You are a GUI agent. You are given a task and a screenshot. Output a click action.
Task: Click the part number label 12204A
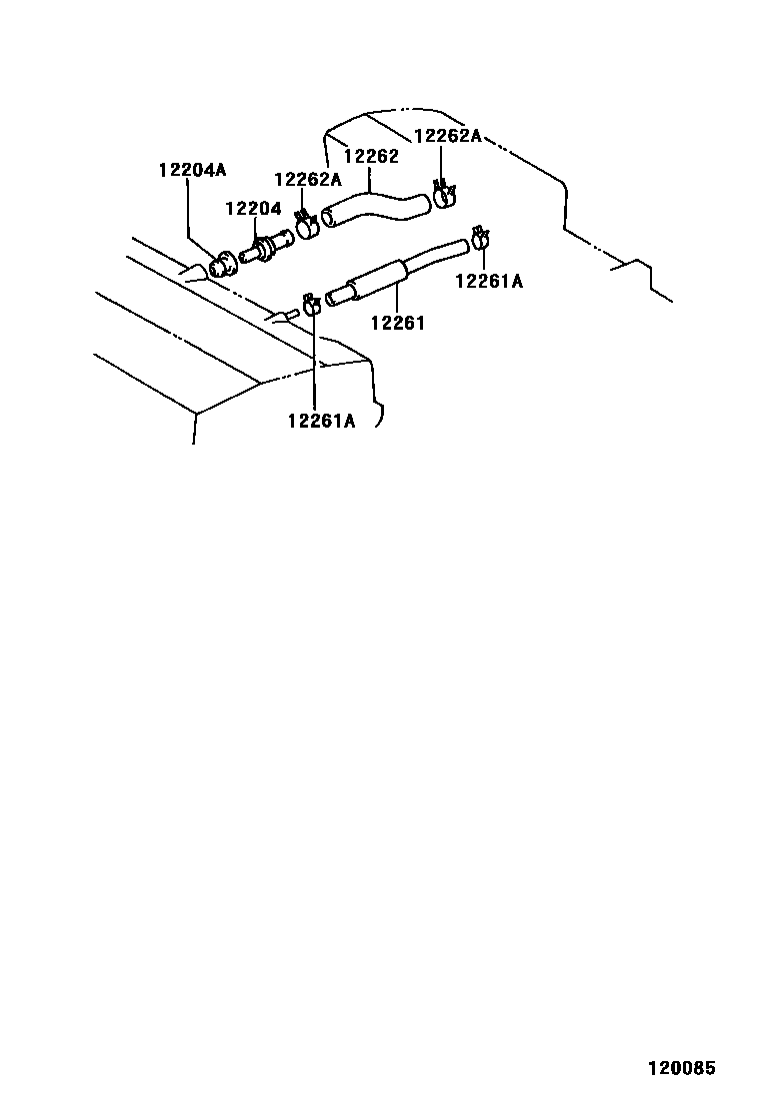(x=192, y=170)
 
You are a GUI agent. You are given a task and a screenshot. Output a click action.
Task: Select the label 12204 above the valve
(x=253, y=209)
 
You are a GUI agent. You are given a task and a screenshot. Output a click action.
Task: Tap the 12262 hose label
(x=371, y=156)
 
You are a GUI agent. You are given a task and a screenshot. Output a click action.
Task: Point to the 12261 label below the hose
(x=398, y=322)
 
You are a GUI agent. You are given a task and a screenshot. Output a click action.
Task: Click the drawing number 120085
(x=682, y=1068)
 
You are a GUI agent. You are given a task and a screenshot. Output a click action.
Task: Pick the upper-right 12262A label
(x=448, y=136)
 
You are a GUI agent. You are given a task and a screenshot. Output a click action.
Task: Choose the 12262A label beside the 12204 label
(x=308, y=180)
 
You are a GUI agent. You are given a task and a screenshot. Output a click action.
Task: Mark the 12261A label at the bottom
(x=321, y=421)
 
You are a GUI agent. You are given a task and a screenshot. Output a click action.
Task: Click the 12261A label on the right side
(x=489, y=281)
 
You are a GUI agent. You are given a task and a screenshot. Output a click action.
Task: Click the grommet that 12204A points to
(x=222, y=265)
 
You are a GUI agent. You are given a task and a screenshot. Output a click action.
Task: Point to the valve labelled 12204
(x=265, y=246)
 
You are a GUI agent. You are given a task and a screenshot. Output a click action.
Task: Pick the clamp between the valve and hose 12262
(x=307, y=228)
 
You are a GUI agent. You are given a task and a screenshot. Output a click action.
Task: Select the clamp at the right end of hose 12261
(x=481, y=239)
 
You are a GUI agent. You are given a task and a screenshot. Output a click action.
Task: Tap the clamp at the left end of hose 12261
(x=312, y=303)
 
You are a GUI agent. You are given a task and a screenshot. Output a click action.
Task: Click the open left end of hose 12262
(x=328, y=217)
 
